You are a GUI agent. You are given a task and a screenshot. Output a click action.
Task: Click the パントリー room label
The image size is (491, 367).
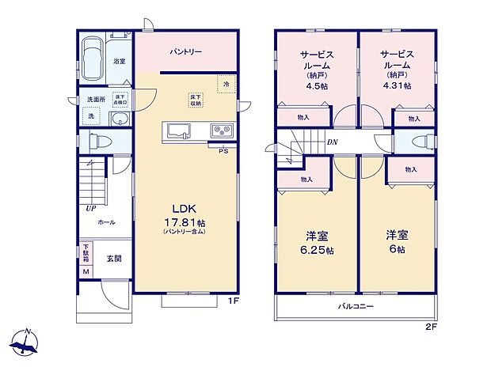[x=186, y=52]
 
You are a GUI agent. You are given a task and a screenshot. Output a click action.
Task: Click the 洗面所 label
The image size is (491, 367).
[x=97, y=100]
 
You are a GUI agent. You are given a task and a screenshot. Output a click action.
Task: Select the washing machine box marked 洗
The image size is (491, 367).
[x=90, y=116]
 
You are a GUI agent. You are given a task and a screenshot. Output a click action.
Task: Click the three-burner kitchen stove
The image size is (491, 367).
[x=220, y=131]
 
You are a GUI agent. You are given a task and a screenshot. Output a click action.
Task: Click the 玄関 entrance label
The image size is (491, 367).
[x=113, y=258]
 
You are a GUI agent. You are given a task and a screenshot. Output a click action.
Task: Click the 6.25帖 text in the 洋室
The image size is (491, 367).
[x=316, y=250]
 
